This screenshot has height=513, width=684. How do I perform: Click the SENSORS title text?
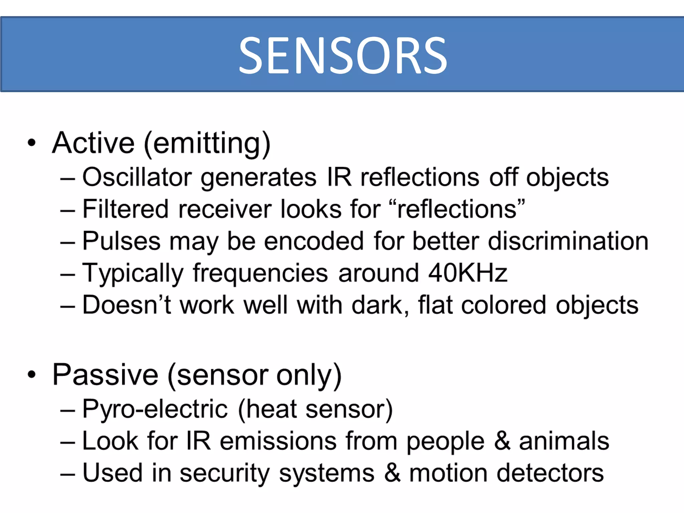pos(343,55)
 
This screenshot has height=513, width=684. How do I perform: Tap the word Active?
pos(94,143)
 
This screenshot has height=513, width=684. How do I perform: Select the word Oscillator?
pos(137,177)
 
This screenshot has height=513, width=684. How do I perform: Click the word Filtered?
pos(125,209)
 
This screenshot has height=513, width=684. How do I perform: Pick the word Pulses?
pos(121,241)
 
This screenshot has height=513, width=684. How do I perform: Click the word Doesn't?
pos(127,305)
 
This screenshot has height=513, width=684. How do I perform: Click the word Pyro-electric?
pos(155,409)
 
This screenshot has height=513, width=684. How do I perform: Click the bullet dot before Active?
pos(32,143)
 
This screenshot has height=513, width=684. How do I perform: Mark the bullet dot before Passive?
pos(32,374)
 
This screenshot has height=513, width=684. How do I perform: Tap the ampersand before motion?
pos(392,473)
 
